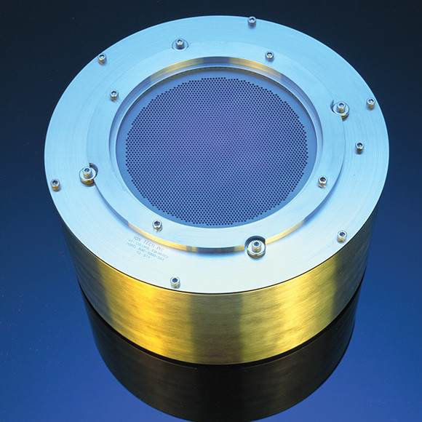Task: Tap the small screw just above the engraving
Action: tap(157, 225)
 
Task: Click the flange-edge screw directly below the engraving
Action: tap(175, 282)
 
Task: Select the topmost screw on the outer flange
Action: tap(252, 21)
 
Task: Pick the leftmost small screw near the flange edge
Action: tap(55, 184)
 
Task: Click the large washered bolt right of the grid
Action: tap(340, 108)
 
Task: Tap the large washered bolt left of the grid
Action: tap(88, 174)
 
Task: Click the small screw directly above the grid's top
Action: tap(269, 56)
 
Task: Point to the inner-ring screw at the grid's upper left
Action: tap(114, 95)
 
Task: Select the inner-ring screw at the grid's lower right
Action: tap(322, 181)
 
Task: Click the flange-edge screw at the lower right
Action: tap(341, 236)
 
